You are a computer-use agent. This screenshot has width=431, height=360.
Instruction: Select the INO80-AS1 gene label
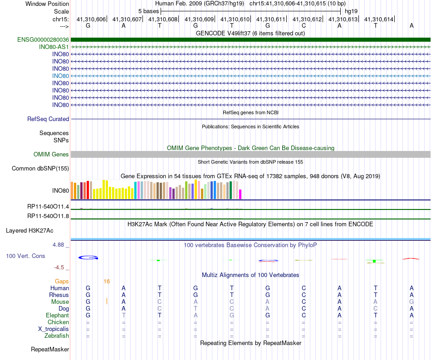[x=54, y=47]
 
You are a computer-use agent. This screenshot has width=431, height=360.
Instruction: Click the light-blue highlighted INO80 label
[x=61, y=76]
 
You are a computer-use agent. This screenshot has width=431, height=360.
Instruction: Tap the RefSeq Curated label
[x=48, y=119]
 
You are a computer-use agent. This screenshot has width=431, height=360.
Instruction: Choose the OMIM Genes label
[x=51, y=155]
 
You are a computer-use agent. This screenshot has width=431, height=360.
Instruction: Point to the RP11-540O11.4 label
[x=48, y=207]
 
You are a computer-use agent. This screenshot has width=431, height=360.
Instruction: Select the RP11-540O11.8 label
[x=48, y=216]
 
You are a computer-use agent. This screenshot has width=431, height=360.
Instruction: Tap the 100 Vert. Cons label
[x=25, y=256]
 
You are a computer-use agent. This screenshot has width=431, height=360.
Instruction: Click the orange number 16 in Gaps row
[x=107, y=282]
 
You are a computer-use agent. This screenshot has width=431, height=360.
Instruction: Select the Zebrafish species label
[x=57, y=336]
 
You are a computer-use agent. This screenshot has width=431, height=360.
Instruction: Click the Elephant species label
[x=57, y=316]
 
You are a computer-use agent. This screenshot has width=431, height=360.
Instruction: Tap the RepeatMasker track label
[x=50, y=350]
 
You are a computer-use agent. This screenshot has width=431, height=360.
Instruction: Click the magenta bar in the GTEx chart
[x=240, y=194]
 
